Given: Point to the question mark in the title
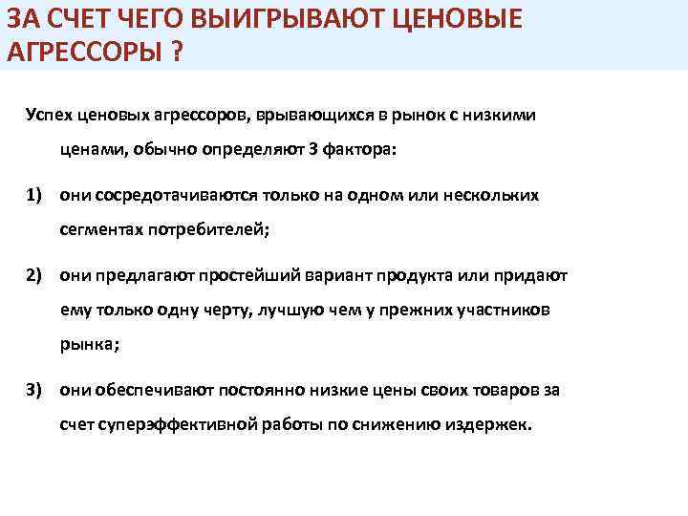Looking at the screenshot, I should [178, 50].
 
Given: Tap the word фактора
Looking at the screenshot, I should [357, 150].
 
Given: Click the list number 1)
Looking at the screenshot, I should [36, 195].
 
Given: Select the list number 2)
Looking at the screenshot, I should [36, 275].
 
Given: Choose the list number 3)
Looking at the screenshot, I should [36, 390].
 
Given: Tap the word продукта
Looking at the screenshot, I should [417, 275].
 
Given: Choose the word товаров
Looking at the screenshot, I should [496, 390].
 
